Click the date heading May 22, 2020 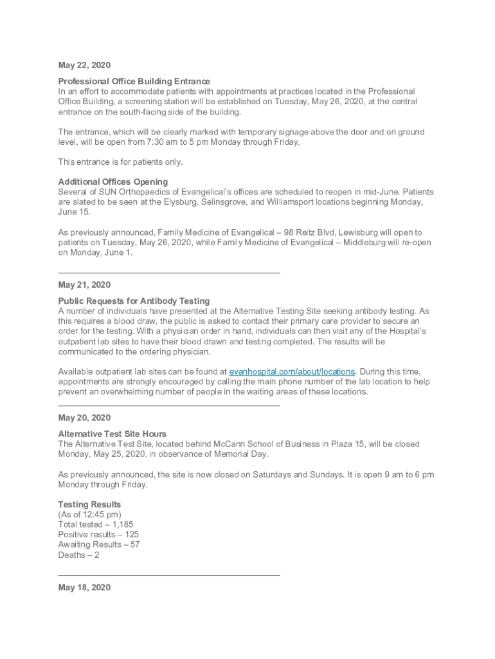[x=84, y=65]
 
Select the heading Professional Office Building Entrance [x=134, y=81]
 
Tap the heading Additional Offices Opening [x=113, y=181]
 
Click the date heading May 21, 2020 [x=84, y=284]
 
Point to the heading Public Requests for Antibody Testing [x=134, y=301]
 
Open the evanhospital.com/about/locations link [x=292, y=371]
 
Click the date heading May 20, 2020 [x=84, y=418]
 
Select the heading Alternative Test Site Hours [x=112, y=434]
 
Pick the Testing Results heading [x=89, y=504]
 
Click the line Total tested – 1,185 [x=96, y=524]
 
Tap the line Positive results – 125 [x=98, y=534]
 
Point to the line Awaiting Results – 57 [x=99, y=544]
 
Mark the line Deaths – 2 [x=78, y=555]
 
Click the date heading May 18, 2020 [x=84, y=587]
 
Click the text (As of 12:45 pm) [x=89, y=514]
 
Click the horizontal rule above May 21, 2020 [x=169, y=273]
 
